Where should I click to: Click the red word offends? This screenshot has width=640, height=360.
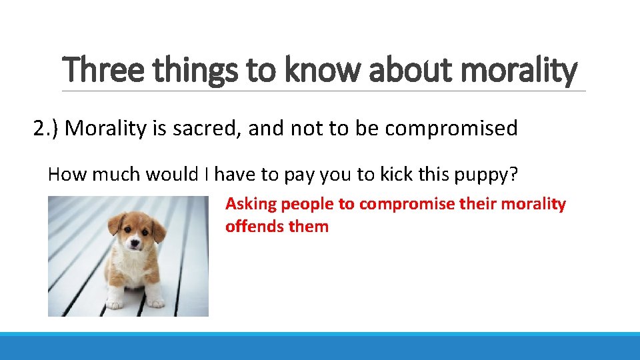click(255, 227)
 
